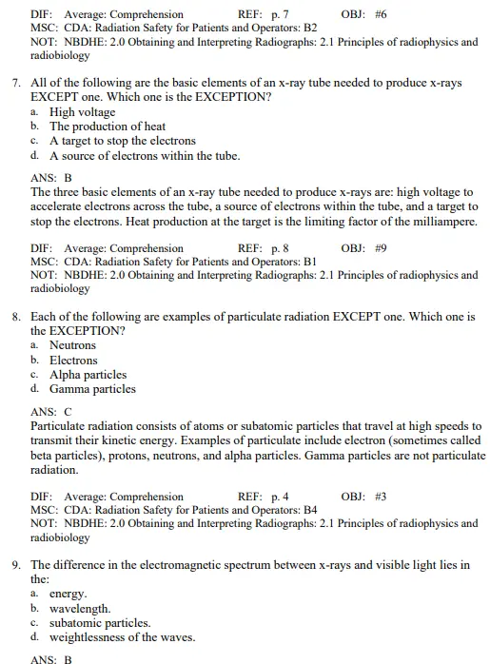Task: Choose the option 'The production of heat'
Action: point(108,127)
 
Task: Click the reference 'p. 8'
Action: point(280,248)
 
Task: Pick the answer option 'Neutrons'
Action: point(73,345)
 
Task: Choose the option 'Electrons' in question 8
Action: point(73,361)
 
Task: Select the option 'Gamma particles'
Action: point(92,389)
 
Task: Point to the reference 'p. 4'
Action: point(280,497)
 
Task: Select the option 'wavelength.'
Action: point(80,609)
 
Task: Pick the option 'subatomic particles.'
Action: point(100,623)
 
